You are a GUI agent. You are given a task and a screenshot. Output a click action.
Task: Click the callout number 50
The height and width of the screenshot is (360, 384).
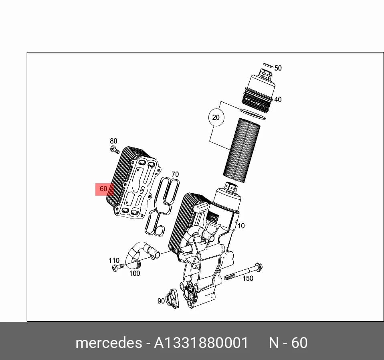click(x=278, y=68)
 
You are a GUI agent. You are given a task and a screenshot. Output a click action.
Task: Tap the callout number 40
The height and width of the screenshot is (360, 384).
click(x=278, y=99)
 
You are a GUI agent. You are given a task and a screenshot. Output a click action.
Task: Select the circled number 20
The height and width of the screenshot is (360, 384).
click(x=216, y=117)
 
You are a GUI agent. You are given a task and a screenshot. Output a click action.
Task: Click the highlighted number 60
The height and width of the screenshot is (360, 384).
click(x=103, y=189)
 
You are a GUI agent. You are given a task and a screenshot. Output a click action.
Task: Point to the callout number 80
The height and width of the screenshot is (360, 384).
click(x=113, y=141)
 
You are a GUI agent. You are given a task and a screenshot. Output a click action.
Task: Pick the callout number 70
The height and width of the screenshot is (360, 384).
click(x=175, y=174)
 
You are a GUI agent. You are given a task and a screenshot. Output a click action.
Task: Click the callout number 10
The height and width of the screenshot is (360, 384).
click(x=241, y=226)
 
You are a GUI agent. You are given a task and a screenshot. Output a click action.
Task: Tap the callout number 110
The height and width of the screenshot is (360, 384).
click(x=114, y=260)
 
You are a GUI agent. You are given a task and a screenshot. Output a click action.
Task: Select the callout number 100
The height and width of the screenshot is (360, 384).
click(x=134, y=273)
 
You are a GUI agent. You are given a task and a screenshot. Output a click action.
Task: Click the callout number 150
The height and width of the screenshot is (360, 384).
click(x=248, y=279)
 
